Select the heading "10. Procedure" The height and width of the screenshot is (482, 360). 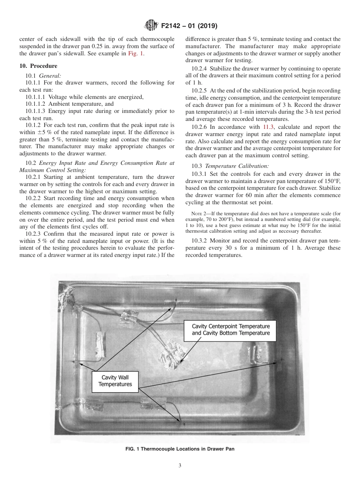point(38,66)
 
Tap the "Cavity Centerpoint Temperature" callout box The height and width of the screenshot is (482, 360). point(231,329)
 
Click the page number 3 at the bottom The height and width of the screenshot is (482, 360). point(180,465)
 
